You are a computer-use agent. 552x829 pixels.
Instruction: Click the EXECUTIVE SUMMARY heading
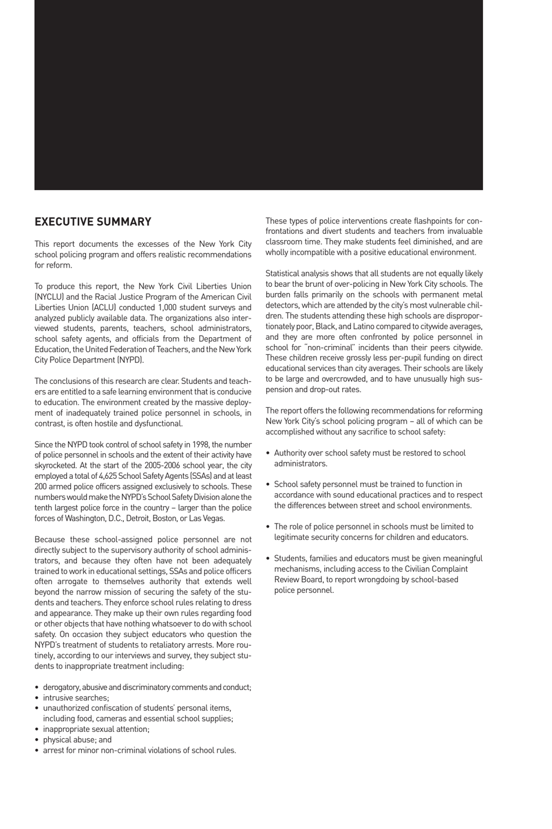[93, 222]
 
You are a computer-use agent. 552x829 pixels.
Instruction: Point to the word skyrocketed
[56, 465]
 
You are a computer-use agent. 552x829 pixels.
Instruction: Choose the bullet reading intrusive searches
[76, 698]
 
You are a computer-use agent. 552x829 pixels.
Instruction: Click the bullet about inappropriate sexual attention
[96, 729]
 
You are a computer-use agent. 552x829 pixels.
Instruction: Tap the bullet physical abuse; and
[77, 739]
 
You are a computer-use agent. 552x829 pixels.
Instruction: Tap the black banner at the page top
[259, 95]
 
